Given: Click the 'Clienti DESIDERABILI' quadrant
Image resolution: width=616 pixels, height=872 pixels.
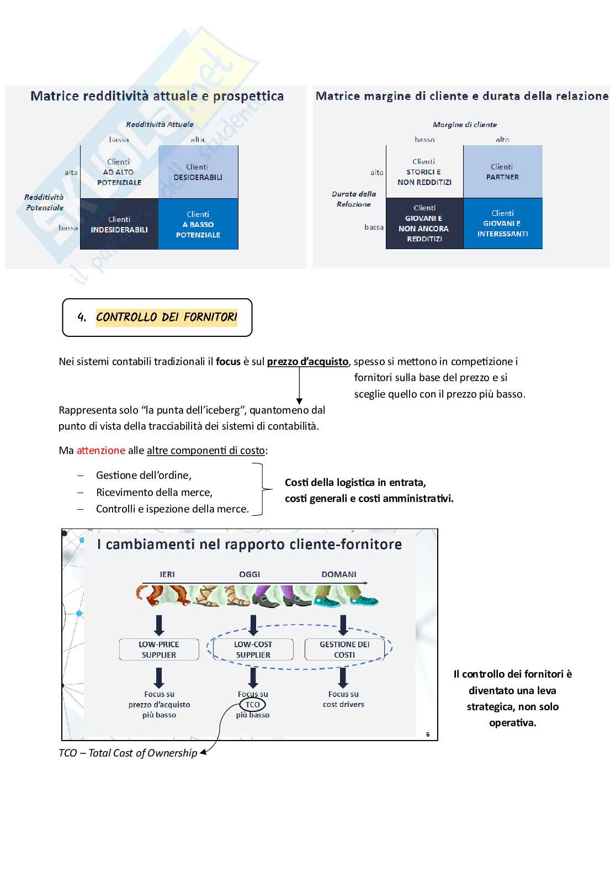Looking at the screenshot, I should tap(198, 172).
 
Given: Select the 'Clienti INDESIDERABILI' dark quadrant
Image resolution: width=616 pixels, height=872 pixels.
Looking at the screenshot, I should tap(119, 225).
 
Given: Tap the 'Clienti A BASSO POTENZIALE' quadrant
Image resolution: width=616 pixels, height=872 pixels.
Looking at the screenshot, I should tap(198, 224).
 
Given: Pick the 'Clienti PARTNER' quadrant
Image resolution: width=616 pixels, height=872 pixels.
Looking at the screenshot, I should tap(502, 172).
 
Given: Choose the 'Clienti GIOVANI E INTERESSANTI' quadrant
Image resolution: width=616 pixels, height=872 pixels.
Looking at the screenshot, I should tap(502, 224).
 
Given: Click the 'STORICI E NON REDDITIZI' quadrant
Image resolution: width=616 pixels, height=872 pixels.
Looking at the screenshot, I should tap(424, 172).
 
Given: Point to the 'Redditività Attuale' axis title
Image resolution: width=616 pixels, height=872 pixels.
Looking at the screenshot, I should tap(160, 124).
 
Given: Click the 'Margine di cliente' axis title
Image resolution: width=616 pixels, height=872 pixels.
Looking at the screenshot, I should tap(465, 125).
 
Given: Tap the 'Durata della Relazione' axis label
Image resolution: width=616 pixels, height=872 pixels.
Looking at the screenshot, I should tap(354, 199).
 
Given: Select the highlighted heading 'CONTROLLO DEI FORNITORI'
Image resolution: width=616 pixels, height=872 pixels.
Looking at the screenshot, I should tap(166, 317).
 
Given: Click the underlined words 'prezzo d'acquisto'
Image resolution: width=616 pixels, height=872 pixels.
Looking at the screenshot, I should tap(307, 362).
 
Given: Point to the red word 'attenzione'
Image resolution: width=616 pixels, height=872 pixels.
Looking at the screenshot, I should tap(101, 450).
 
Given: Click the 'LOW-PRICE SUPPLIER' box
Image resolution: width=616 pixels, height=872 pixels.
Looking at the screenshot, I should tap(159, 649).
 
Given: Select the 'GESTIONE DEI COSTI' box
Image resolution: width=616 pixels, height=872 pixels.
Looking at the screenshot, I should tap(344, 649).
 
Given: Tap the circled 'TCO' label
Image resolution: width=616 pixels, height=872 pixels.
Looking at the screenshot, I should tap(252, 705).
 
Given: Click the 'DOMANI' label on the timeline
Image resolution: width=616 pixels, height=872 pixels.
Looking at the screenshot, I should tap(339, 574).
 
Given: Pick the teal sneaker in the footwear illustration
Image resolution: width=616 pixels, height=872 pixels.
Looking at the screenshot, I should tap(364, 600).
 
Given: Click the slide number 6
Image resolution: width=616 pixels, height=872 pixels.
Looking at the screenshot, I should tap(428, 734).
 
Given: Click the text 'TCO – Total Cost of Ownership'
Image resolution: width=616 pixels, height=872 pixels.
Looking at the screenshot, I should tap(128, 753).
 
